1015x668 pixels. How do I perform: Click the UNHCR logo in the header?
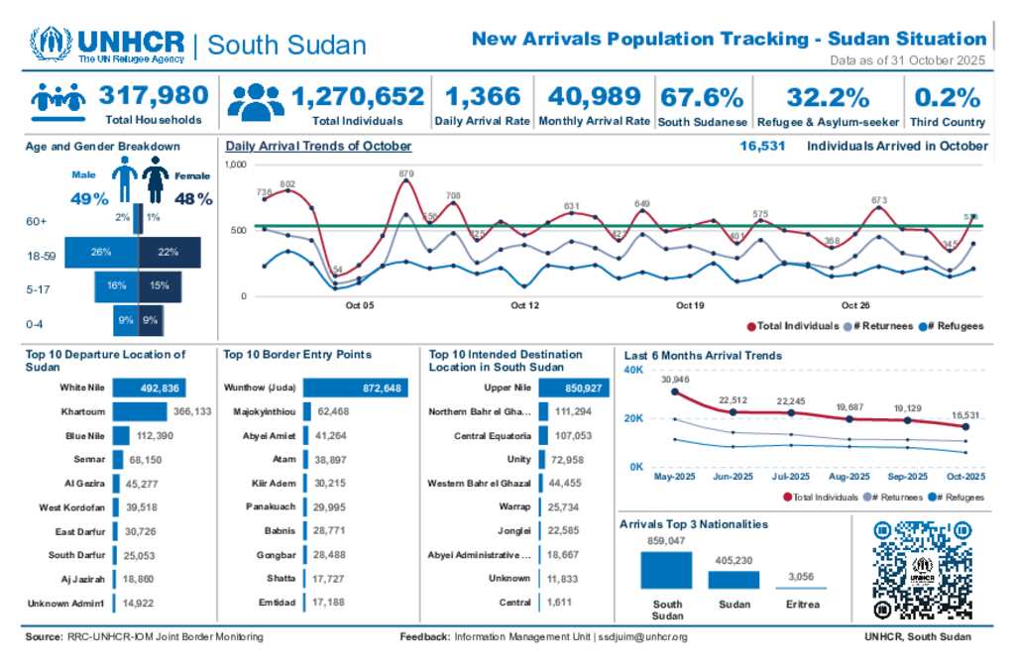pos(107,45)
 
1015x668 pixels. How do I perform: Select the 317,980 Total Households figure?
pos(154,96)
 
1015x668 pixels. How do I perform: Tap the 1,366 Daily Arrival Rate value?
pos(482,96)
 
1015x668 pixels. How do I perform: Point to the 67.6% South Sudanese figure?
pos(702,97)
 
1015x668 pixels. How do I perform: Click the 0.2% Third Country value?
pos(947,97)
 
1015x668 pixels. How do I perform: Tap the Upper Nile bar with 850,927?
pos(575,388)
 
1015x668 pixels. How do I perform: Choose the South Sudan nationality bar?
pos(666,571)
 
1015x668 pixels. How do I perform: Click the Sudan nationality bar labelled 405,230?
pos(733,580)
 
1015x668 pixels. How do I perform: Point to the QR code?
pos(921,569)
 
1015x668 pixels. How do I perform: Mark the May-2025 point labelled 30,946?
pos(675,391)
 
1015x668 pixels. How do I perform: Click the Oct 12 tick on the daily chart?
pos(524,305)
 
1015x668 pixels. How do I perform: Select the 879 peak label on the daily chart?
pos(406,173)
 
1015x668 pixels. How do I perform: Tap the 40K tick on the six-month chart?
pos(633,371)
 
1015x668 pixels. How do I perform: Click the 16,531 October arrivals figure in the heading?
pos(762,146)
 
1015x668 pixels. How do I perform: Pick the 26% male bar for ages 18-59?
pos(101,252)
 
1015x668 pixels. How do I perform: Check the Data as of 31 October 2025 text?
pos(907,61)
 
